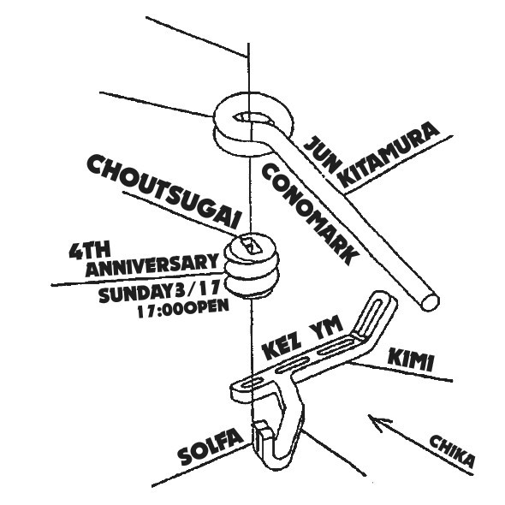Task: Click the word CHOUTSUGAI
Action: pyautogui.click(x=164, y=191)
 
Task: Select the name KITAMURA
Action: pyautogui.click(x=389, y=154)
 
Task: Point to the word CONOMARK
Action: pyautogui.click(x=310, y=213)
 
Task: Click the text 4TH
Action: pyautogui.click(x=89, y=250)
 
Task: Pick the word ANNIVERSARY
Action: pyautogui.click(x=151, y=266)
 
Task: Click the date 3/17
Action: pyautogui.click(x=198, y=288)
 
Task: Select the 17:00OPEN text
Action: pyautogui.click(x=183, y=308)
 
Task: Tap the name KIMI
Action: pyautogui.click(x=411, y=359)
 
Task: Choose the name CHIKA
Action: pyautogui.click(x=452, y=451)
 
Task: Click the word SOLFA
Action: pyautogui.click(x=211, y=447)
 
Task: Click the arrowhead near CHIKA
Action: pyautogui.click(x=377, y=422)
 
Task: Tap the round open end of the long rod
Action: pyautogui.click(x=430, y=302)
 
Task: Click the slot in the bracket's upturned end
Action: pyautogui.click(x=373, y=315)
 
